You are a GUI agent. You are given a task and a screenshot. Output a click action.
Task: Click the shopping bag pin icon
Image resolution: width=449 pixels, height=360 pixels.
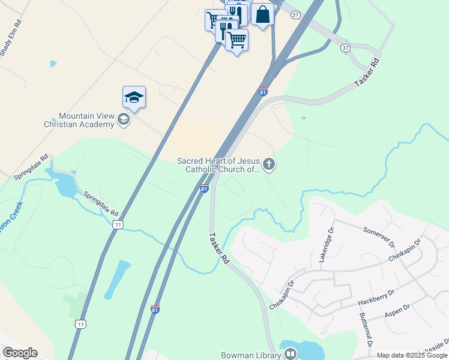263,14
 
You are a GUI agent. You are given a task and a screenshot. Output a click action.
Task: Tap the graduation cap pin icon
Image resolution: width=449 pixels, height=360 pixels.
134,97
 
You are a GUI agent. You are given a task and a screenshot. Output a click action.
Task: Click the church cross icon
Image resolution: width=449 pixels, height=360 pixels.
269,164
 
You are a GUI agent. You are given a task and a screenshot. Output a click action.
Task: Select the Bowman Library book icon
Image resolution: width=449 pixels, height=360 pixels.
290,354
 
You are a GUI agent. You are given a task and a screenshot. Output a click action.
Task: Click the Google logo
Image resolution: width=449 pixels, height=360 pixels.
20,353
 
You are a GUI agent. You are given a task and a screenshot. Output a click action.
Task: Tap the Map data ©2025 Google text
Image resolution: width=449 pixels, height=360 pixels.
412,355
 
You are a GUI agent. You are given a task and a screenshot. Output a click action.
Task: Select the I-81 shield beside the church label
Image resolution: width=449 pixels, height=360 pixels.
204,189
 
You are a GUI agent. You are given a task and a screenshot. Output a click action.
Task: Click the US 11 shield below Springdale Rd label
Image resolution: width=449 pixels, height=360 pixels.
118,224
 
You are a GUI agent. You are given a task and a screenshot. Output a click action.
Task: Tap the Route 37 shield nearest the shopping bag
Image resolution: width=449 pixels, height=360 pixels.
294,14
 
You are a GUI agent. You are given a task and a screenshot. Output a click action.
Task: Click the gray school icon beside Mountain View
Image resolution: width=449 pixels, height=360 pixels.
124,119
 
